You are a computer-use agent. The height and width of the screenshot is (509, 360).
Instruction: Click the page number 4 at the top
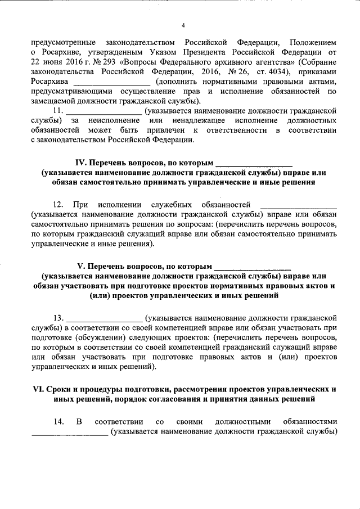tap(183, 25)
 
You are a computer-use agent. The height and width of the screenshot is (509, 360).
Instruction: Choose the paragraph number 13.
tap(58, 317)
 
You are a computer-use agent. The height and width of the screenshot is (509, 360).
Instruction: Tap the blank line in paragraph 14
tap(69, 433)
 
